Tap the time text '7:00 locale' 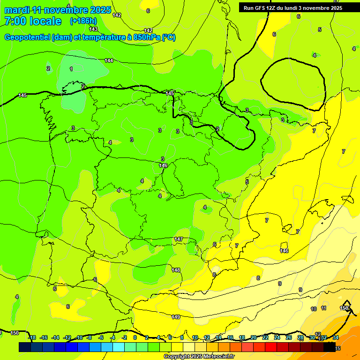point(33,21)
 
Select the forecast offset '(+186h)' point(83,21)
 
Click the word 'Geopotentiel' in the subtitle point(27,37)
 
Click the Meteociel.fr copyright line point(199,356)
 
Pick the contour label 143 point(93,29)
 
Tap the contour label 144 point(109,60)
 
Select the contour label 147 point(179,239)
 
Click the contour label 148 point(176,270)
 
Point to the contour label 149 point(176,317)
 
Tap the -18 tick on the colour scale point(31,337)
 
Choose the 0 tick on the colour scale point(135,337)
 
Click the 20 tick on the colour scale point(254,337)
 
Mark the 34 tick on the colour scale point(335,337)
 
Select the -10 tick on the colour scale point(79,337)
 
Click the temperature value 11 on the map point(323,308)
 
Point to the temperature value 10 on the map point(314,309)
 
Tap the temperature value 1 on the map point(71,69)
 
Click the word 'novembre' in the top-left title point(69,10)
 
